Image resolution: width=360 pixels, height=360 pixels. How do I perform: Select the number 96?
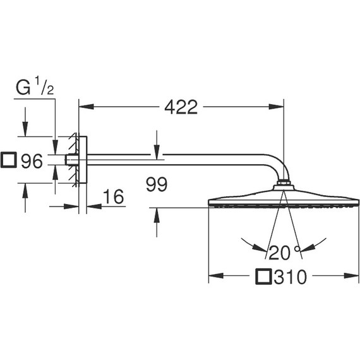[31, 162]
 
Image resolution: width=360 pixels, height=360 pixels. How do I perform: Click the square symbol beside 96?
[9, 161]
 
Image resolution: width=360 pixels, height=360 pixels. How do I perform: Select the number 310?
[290, 277]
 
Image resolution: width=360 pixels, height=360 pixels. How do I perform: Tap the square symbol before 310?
[265, 277]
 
